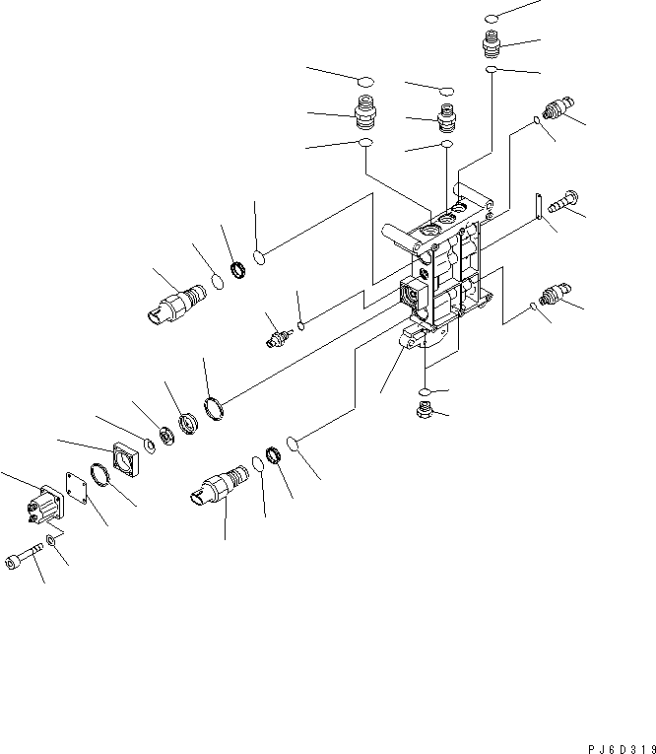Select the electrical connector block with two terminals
pyautogui.click(x=44, y=504)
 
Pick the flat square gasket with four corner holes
pyautogui.click(x=75, y=489)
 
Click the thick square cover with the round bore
pyautogui.click(x=125, y=460)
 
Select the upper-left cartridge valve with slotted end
pyautogui.click(x=177, y=299)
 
